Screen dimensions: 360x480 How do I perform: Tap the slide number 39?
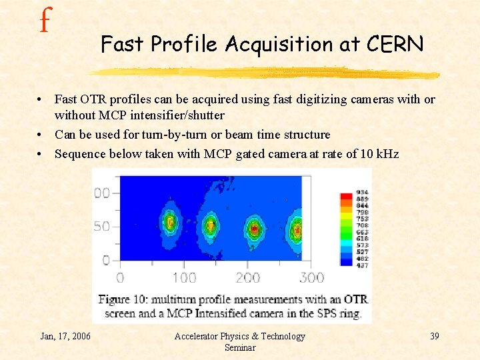[x=434, y=336]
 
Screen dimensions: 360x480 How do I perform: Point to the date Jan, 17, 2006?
[x=65, y=336]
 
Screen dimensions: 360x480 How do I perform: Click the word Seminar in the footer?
[x=239, y=347]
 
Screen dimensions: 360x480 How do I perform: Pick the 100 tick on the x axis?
[x=185, y=277]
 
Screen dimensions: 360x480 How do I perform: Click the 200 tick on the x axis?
[x=248, y=277]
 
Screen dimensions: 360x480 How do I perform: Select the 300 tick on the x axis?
[x=311, y=277]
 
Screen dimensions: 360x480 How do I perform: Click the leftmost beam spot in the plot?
[x=170, y=223]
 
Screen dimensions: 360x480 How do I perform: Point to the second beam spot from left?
[x=211, y=226]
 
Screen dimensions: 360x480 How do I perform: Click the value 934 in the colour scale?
[x=363, y=193]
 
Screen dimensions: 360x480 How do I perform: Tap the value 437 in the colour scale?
[x=363, y=265]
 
